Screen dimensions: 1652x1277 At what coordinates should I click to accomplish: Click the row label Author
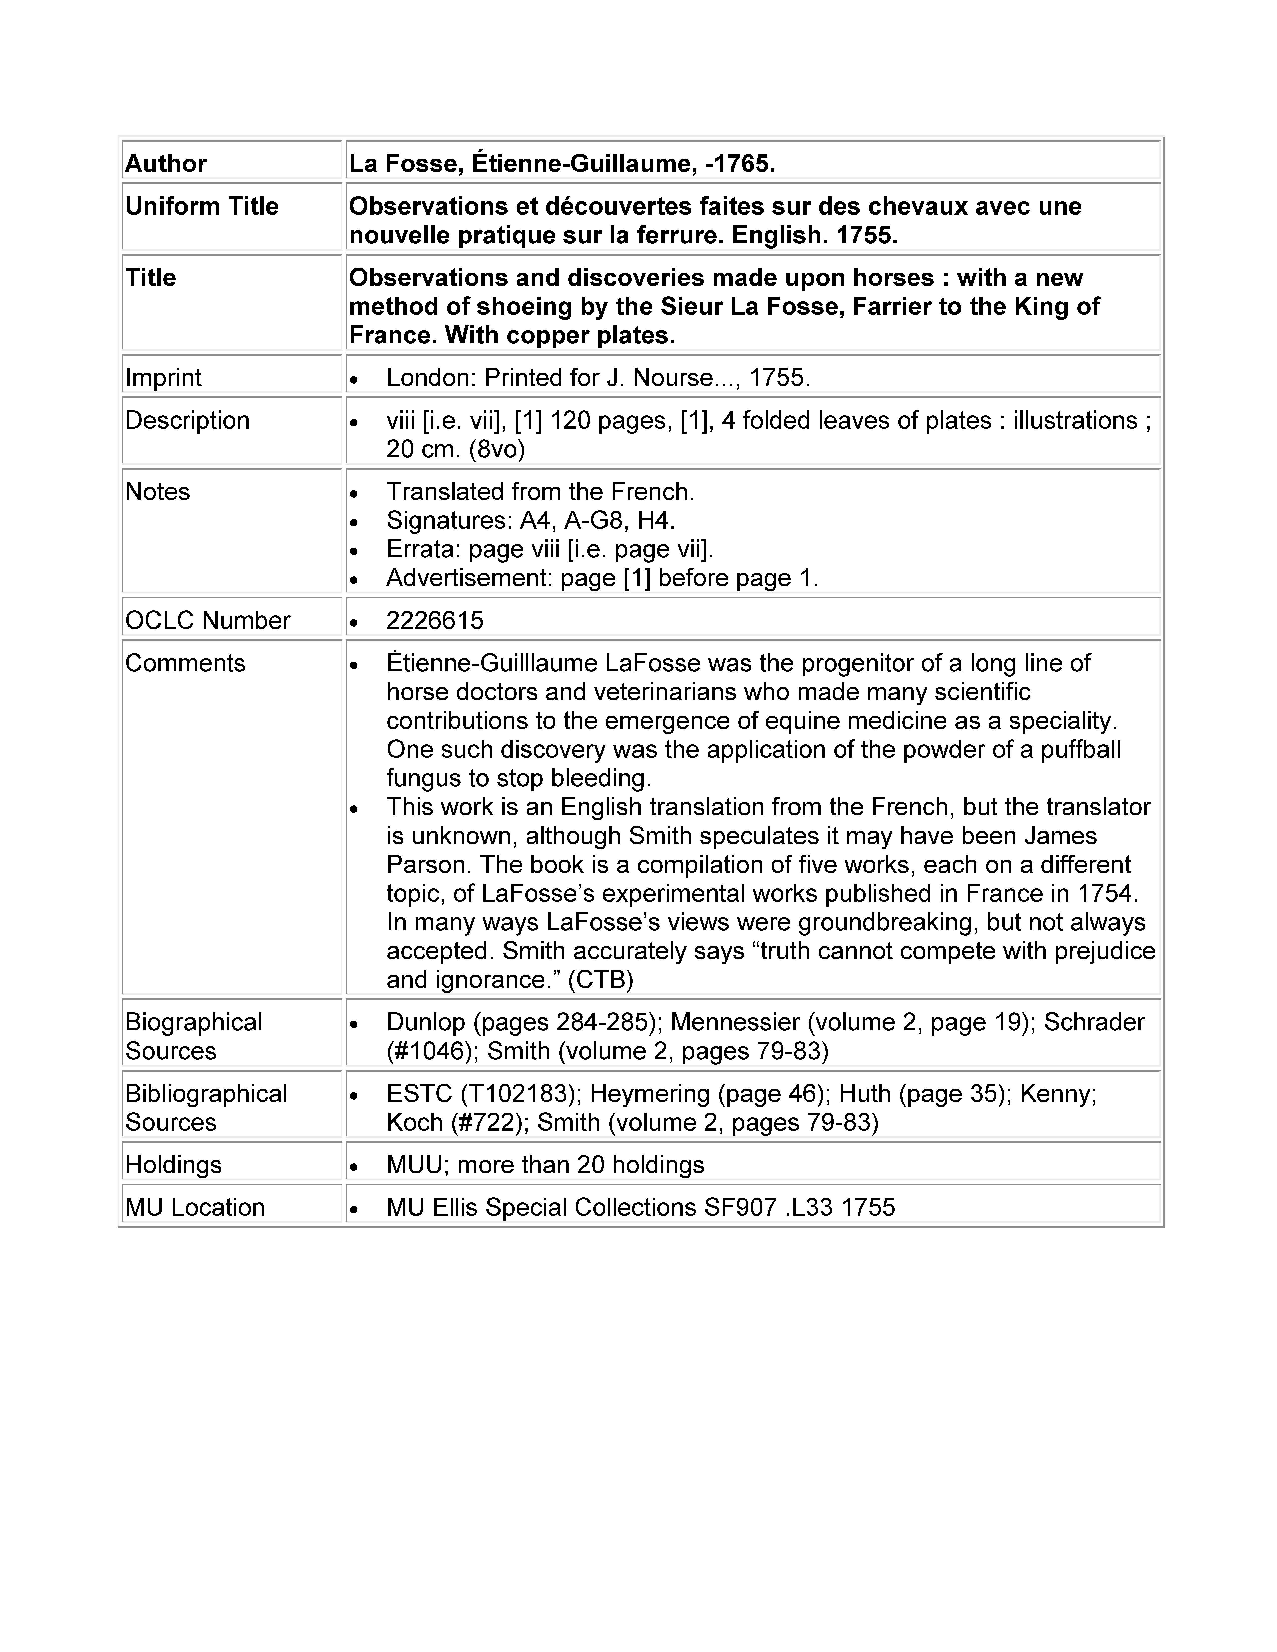point(166,163)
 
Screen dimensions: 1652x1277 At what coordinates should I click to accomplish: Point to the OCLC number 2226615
point(434,620)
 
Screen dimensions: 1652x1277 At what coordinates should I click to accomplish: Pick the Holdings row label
point(173,1164)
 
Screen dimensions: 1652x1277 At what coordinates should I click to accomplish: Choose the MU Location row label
point(194,1206)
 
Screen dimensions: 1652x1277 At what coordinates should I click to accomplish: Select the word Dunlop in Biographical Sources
point(425,1022)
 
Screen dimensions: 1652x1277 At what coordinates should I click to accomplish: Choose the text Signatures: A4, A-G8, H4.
point(530,520)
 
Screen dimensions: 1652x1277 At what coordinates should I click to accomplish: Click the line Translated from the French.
point(540,492)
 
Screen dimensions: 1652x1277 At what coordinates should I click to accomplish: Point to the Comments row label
point(185,663)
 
